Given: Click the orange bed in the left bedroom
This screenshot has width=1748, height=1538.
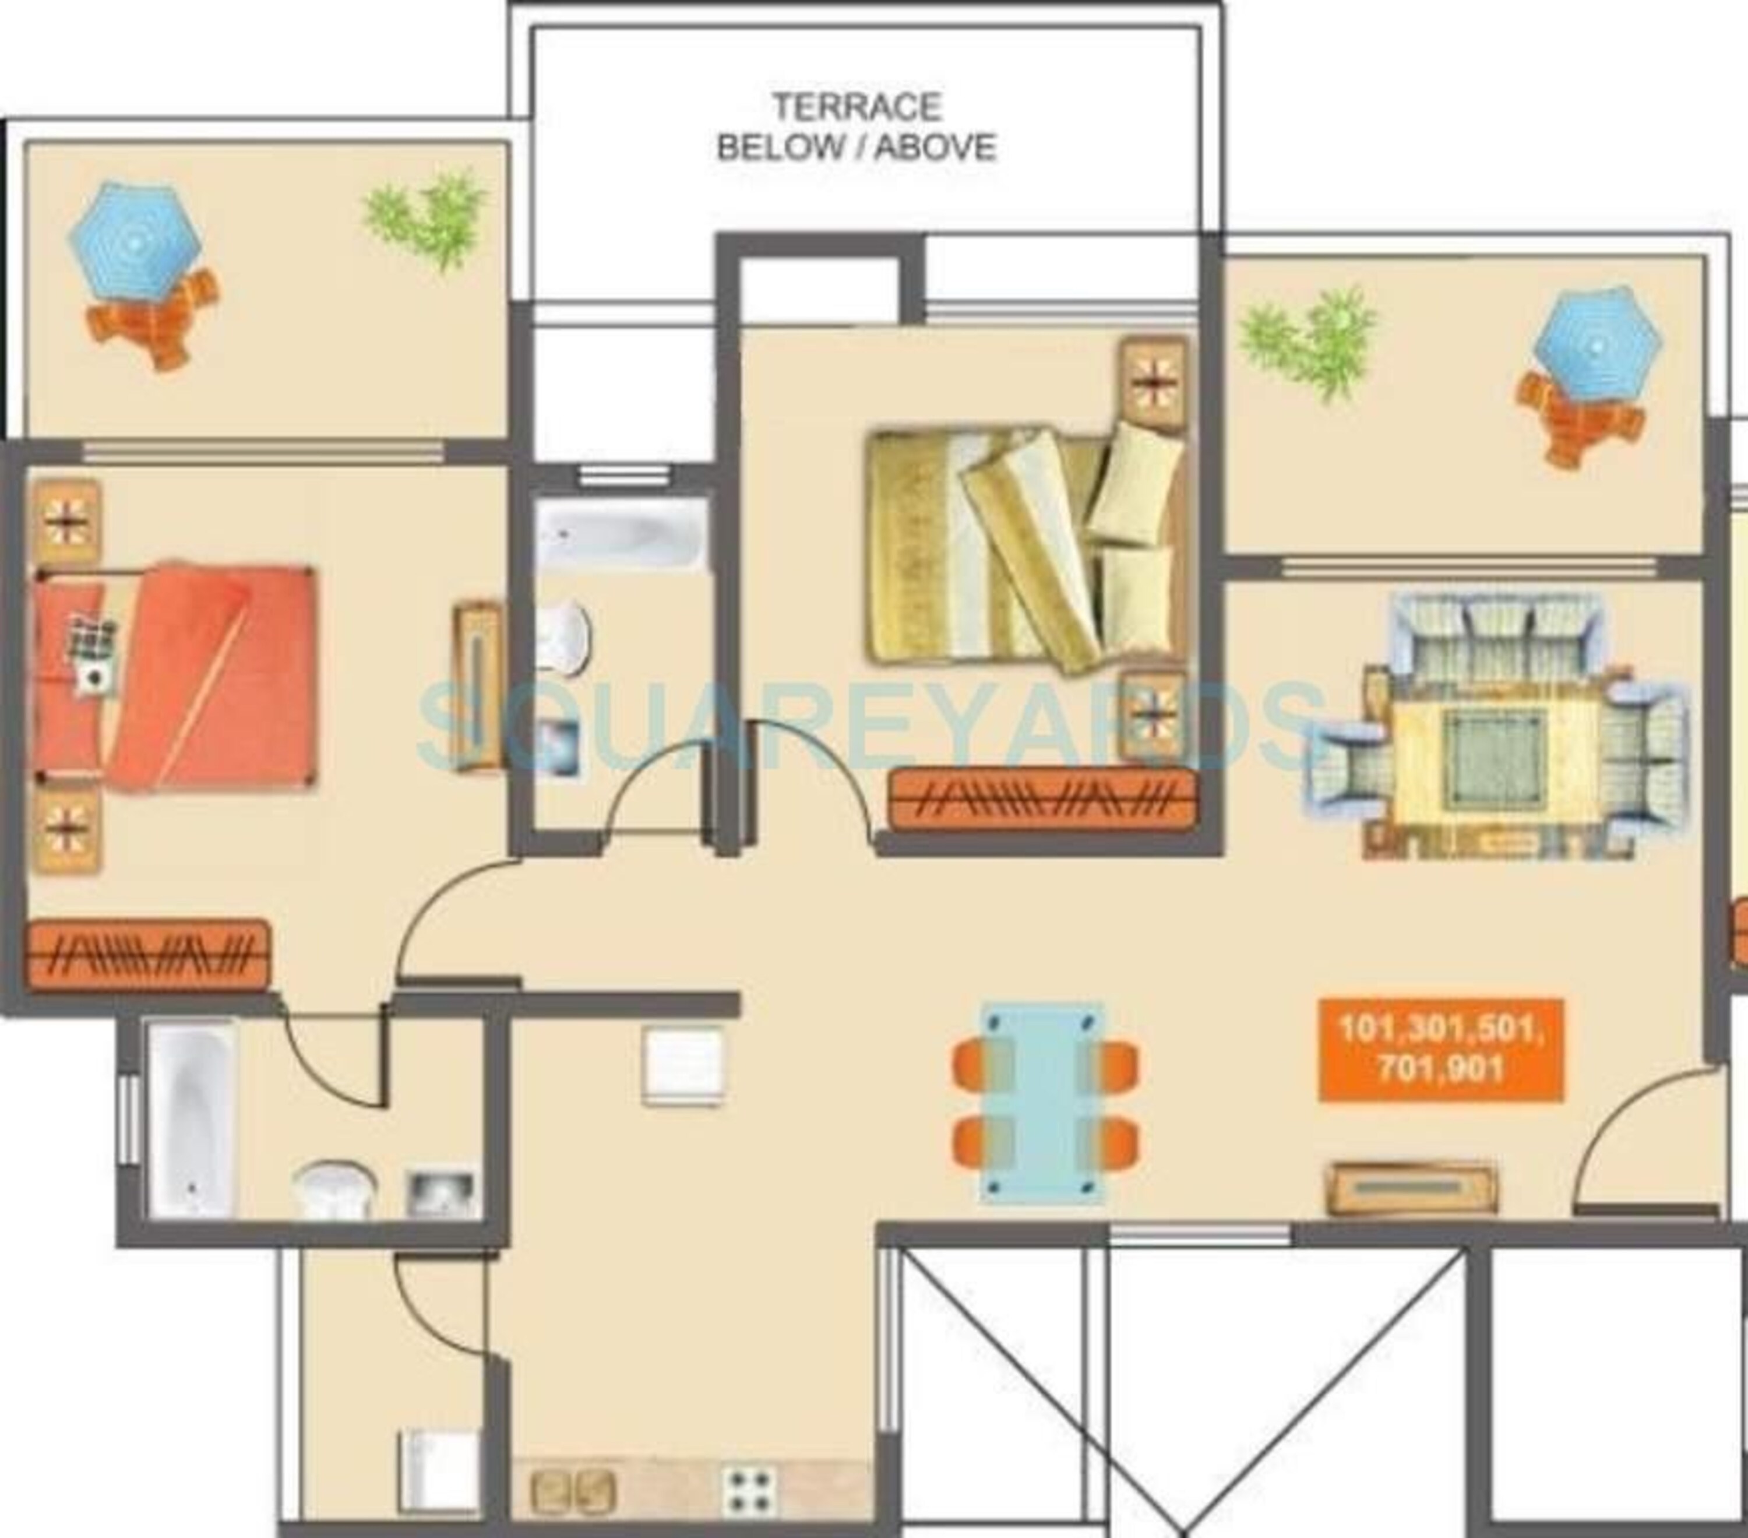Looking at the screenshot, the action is point(175,677).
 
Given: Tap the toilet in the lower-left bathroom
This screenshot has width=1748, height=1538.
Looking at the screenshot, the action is point(335,1189).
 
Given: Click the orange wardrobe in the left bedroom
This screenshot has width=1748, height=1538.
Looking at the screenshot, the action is point(148,954).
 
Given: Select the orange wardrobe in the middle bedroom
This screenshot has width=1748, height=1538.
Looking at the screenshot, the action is point(1042,799).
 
